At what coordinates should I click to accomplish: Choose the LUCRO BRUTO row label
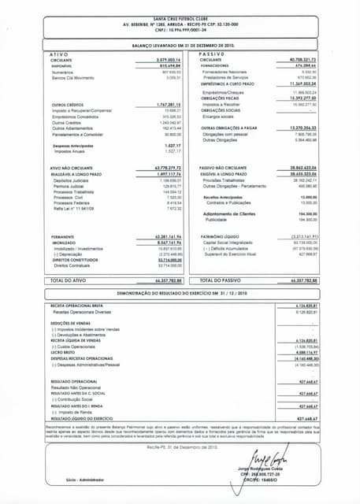coord(65,352)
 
